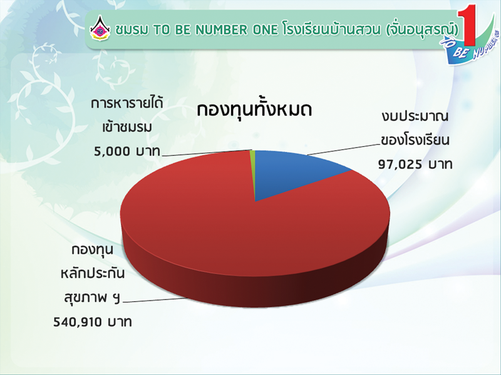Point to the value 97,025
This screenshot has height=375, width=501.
pos(400,165)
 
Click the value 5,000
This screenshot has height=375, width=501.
pos(113,151)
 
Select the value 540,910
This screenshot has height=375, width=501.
pos(78,322)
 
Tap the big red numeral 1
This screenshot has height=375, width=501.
pos(467,25)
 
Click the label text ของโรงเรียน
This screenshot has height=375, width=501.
pos(415,140)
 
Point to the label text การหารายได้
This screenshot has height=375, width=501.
pos(127,103)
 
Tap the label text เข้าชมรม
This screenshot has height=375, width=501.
pos(127,127)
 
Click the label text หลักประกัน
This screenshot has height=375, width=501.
pos(93,274)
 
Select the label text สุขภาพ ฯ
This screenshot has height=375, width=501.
pos(92,299)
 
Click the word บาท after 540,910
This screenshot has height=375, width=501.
pos(120,322)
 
